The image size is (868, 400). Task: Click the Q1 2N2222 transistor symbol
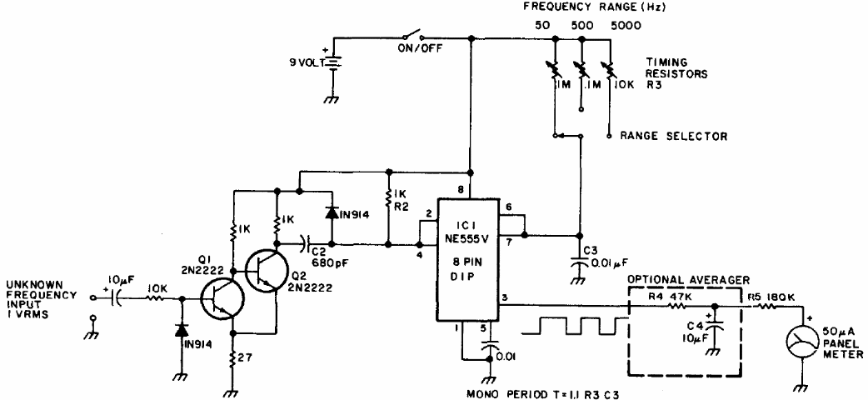222,299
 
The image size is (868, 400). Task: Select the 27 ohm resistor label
247,357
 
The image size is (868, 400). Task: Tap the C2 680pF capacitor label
326,257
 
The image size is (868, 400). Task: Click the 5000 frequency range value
626,26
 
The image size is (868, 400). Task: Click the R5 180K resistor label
773,297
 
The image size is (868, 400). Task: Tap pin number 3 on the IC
504,297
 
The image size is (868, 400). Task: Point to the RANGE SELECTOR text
674,136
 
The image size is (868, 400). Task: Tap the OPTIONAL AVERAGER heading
687,280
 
